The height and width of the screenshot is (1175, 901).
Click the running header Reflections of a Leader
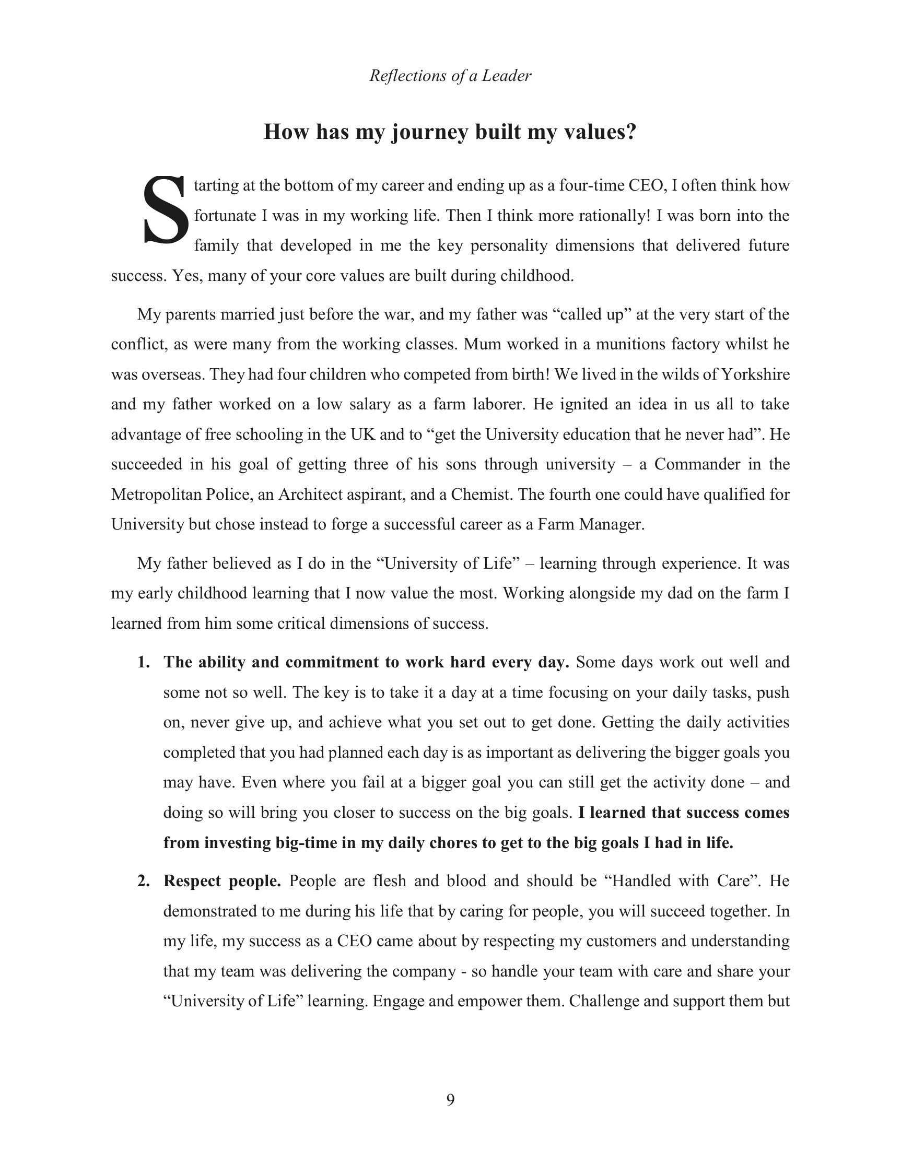tap(450, 76)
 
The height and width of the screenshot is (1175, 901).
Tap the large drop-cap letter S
tap(165, 210)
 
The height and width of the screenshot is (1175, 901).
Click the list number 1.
tap(143, 662)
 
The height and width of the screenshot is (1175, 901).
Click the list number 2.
tap(143, 880)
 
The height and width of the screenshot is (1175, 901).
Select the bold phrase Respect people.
tap(222, 880)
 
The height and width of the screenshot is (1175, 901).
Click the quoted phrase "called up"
tap(591, 314)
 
